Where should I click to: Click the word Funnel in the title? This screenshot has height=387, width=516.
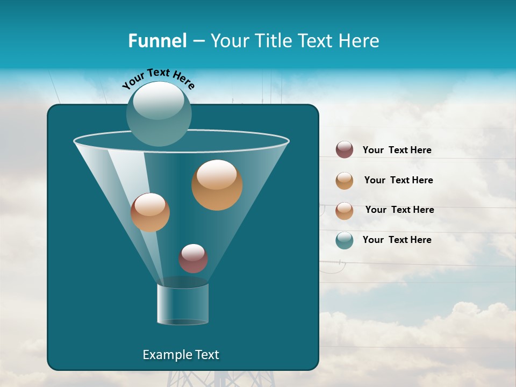tap(157, 41)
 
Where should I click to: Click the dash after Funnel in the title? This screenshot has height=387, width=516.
tap(198, 41)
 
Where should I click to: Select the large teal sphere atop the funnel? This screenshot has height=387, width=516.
tap(159, 113)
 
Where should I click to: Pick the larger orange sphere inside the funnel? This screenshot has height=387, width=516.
tap(217, 185)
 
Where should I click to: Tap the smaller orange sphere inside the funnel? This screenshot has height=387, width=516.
tap(150, 212)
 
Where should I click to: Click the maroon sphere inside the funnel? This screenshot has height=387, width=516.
tap(193, 259)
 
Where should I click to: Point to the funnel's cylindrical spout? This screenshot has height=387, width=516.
tap(182, 304)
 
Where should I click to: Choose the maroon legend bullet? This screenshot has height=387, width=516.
tap(344, 150)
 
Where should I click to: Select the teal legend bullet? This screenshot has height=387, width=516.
tap(344, 240)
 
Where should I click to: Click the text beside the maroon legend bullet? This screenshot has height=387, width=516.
tap(397, 150)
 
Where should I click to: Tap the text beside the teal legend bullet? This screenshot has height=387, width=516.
tap(397, 240)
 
